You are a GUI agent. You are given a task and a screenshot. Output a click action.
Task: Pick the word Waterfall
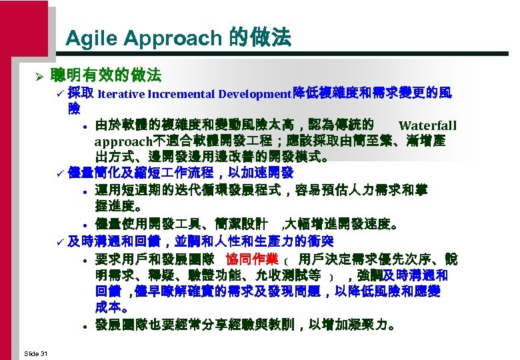[427, 125]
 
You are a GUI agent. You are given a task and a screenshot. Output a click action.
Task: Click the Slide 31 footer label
[35, 352]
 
